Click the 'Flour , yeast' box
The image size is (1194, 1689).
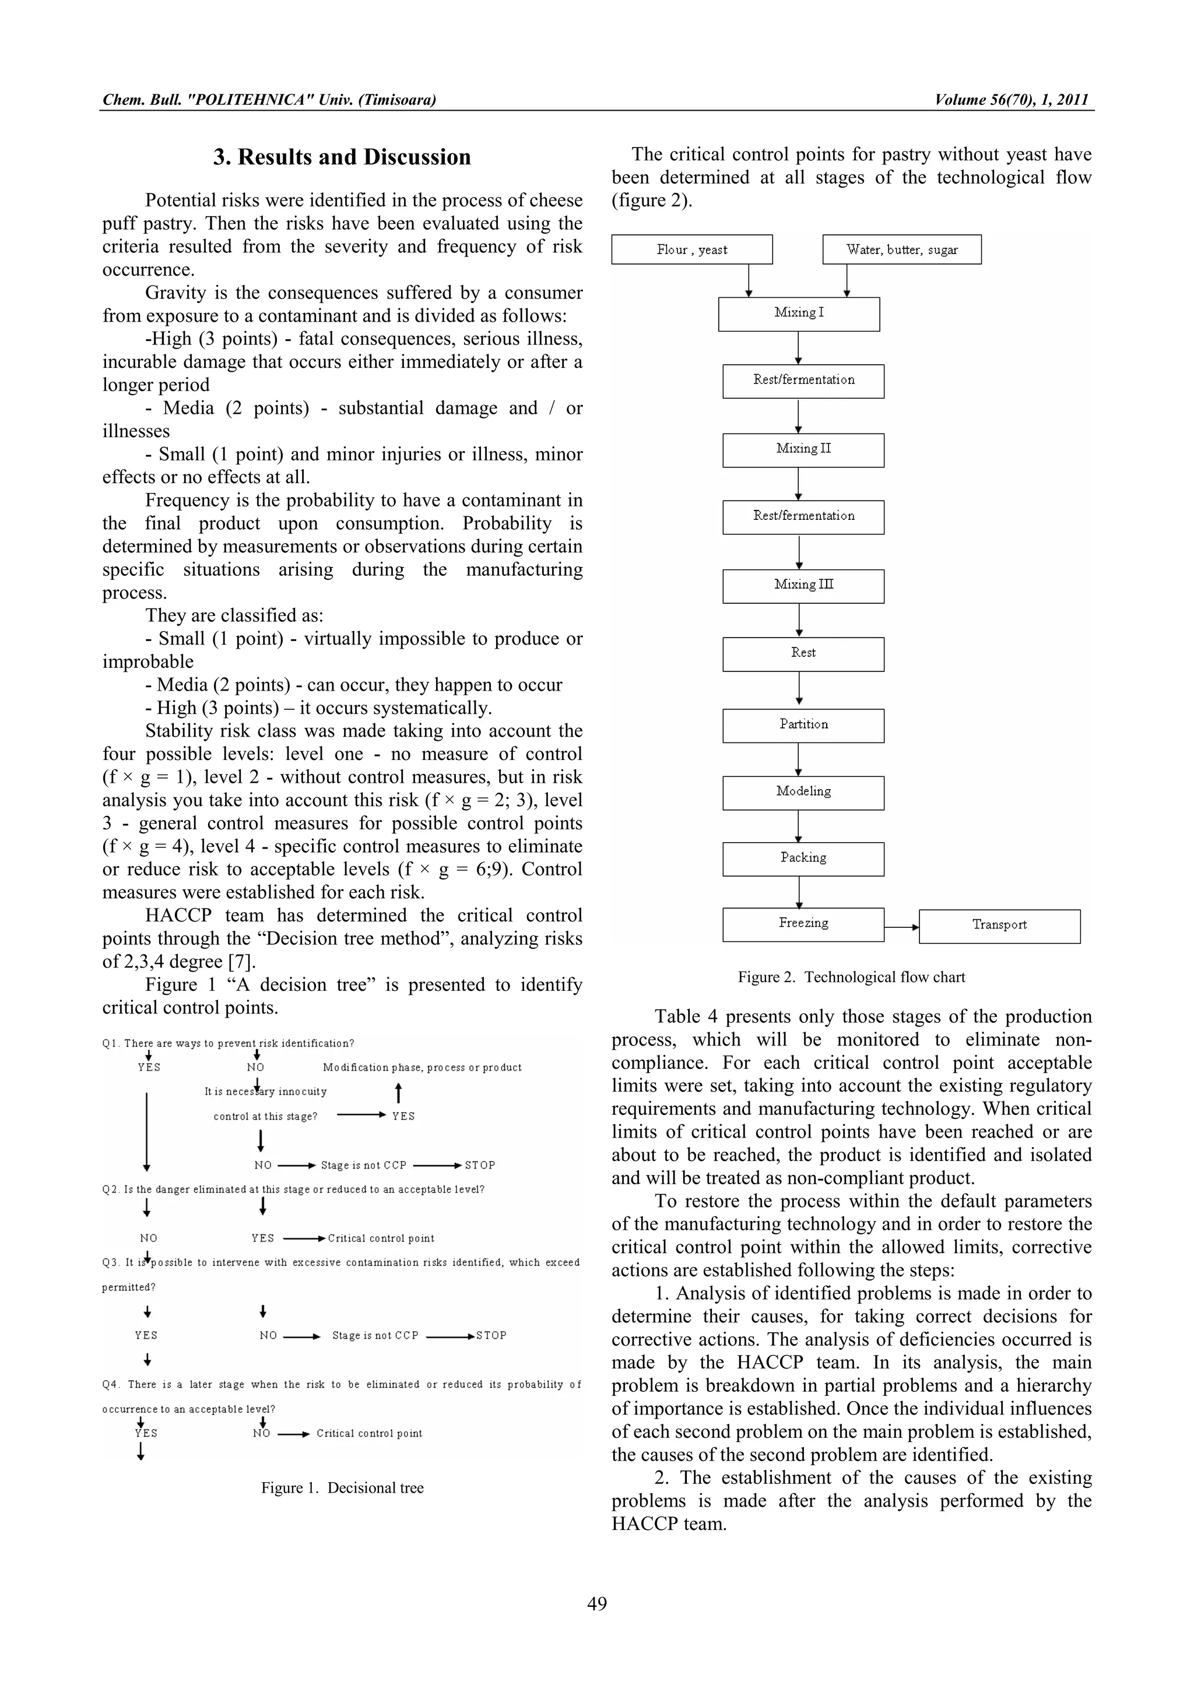[691, 249]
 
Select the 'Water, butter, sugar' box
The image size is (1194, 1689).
[901, 249]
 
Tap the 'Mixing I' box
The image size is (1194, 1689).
[798, 314]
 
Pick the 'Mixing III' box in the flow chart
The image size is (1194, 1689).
[803, 586]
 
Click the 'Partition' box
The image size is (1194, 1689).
[803, 726]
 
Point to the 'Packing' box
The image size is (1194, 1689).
[803, 858]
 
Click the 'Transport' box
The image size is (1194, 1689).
[999, 926]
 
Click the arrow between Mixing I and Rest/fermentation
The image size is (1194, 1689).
[798, 347]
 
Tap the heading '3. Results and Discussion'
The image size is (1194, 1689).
[342, 157]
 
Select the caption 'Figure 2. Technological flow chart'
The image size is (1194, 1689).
[851, 977]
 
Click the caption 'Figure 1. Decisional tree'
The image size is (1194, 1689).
[342, 1487]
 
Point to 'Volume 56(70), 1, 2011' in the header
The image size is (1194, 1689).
[1011, 100]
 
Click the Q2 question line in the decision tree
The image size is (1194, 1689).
[293, 1190]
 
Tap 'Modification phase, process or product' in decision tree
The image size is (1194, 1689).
[422, 1067]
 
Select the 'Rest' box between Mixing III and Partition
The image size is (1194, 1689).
[803, 653]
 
